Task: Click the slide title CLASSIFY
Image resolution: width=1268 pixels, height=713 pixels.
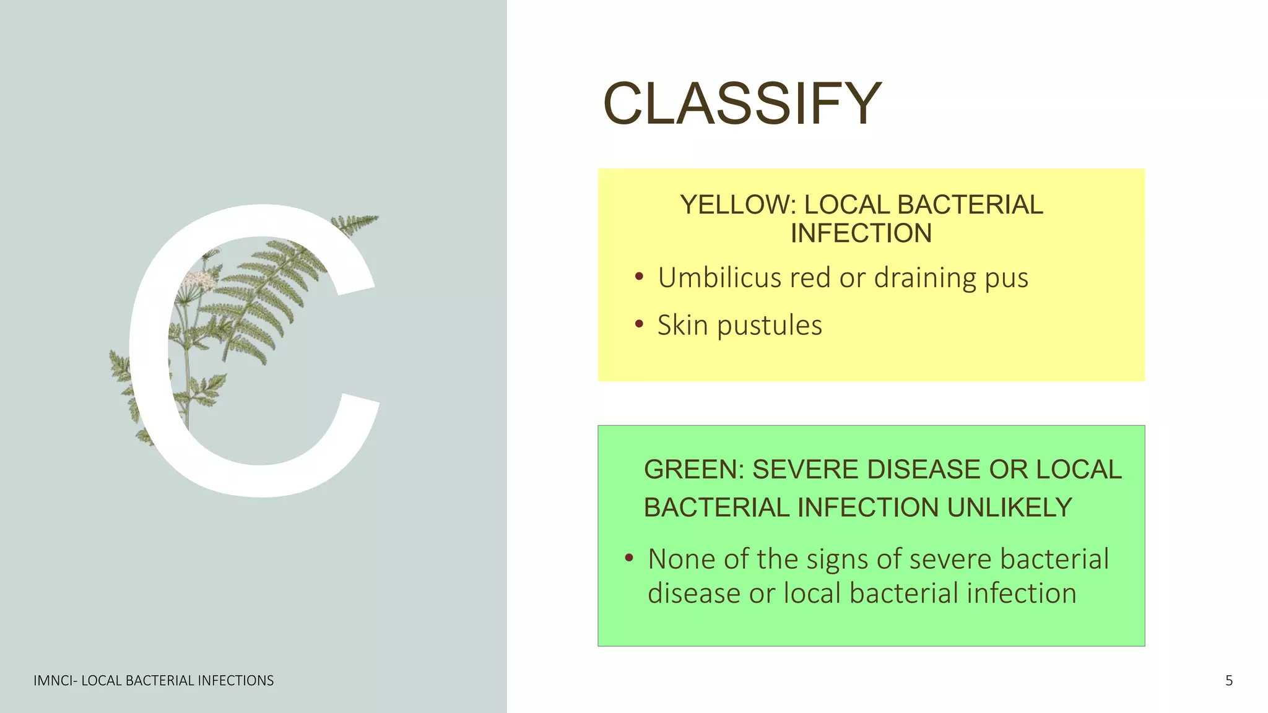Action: point(742,103)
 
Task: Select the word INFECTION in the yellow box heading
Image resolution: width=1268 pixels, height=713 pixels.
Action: point(861,234)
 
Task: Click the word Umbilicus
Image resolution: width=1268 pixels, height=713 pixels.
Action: point(719,278)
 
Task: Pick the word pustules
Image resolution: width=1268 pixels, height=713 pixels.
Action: point(770,326)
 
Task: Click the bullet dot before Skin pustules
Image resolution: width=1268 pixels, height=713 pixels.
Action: point(639,324)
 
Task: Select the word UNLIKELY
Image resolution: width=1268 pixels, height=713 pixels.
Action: point(1009,508)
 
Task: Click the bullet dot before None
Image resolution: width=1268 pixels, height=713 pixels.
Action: point(629,558)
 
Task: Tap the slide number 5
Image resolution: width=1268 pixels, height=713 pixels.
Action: point(1229,681)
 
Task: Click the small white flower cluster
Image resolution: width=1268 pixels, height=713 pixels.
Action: point(200,280)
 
